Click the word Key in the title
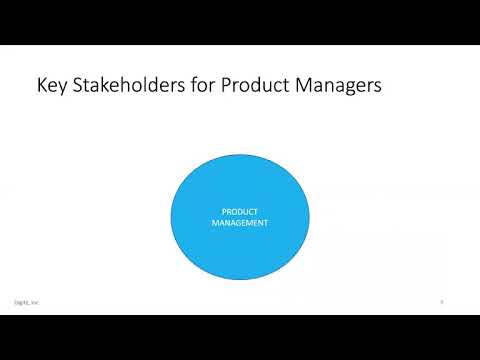[51, 86]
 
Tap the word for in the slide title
[208, 86]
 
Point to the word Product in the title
[260, 86]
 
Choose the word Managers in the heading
[339, 86]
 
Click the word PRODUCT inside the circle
[240, 212]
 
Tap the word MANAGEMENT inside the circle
[240, 223]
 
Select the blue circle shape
[240, 250]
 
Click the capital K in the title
[40, 86]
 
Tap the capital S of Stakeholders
[79, 86]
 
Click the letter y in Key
[62, 88]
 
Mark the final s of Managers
[377, 87]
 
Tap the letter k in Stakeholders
[106, 86]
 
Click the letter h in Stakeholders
[127, 86]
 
